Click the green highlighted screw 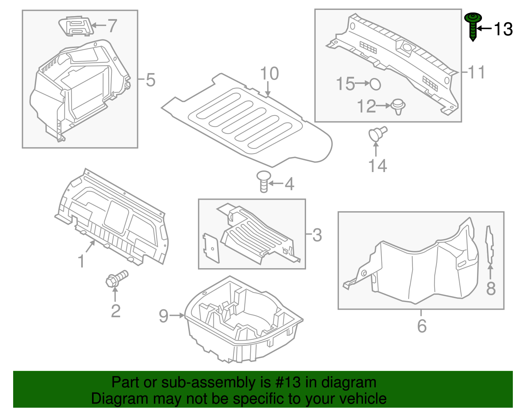(473, 26)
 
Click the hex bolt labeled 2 (116, 278)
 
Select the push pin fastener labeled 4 (263, 181)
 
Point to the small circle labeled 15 (375, 84)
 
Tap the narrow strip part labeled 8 (490, 245)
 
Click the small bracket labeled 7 (76, 26)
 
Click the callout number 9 (163, 316)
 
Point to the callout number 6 (422, 326)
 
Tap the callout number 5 (151, 80)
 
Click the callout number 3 (317, 235)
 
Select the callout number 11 (476, 72)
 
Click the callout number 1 (81, 261)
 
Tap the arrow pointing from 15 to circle (362, 84)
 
